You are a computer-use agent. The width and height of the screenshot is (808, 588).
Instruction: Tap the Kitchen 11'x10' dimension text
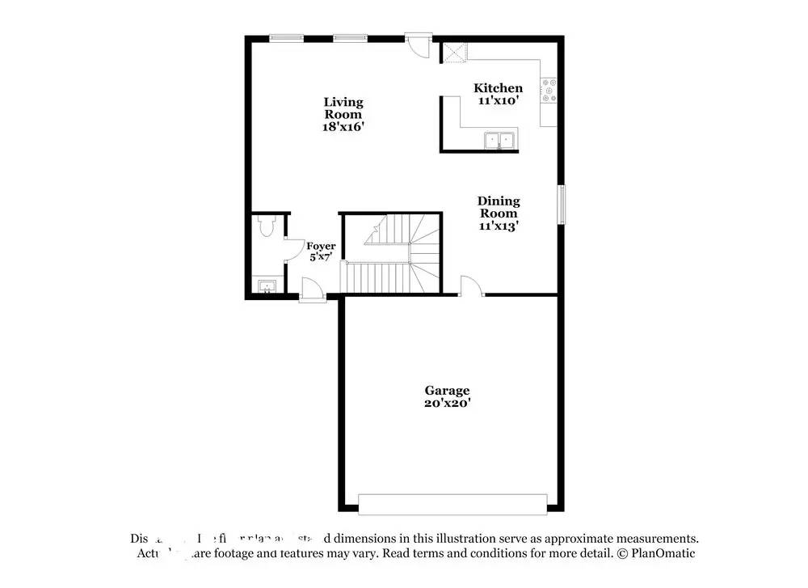click(x=498, y=100)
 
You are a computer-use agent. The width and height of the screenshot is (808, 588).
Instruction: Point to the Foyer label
click(x=321, y=246)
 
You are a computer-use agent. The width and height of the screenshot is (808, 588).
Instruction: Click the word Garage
click(x=447, y=391)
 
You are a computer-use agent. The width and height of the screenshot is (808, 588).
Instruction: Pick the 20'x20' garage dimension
click(x=447, y=403)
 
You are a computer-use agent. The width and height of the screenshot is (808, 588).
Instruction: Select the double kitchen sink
click(x=500, y=141)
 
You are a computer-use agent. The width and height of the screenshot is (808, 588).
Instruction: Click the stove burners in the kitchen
click(x=550, y=91)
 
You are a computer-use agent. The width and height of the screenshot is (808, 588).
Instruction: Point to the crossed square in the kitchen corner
click(x=453, y=53)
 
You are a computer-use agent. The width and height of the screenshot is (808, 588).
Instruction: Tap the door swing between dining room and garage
click(x=471, y=286)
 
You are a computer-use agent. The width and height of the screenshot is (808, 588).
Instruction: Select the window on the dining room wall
click(x=561, y=203)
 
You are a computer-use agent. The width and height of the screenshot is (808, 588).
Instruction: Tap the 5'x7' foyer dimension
click(x=321, y=257)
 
